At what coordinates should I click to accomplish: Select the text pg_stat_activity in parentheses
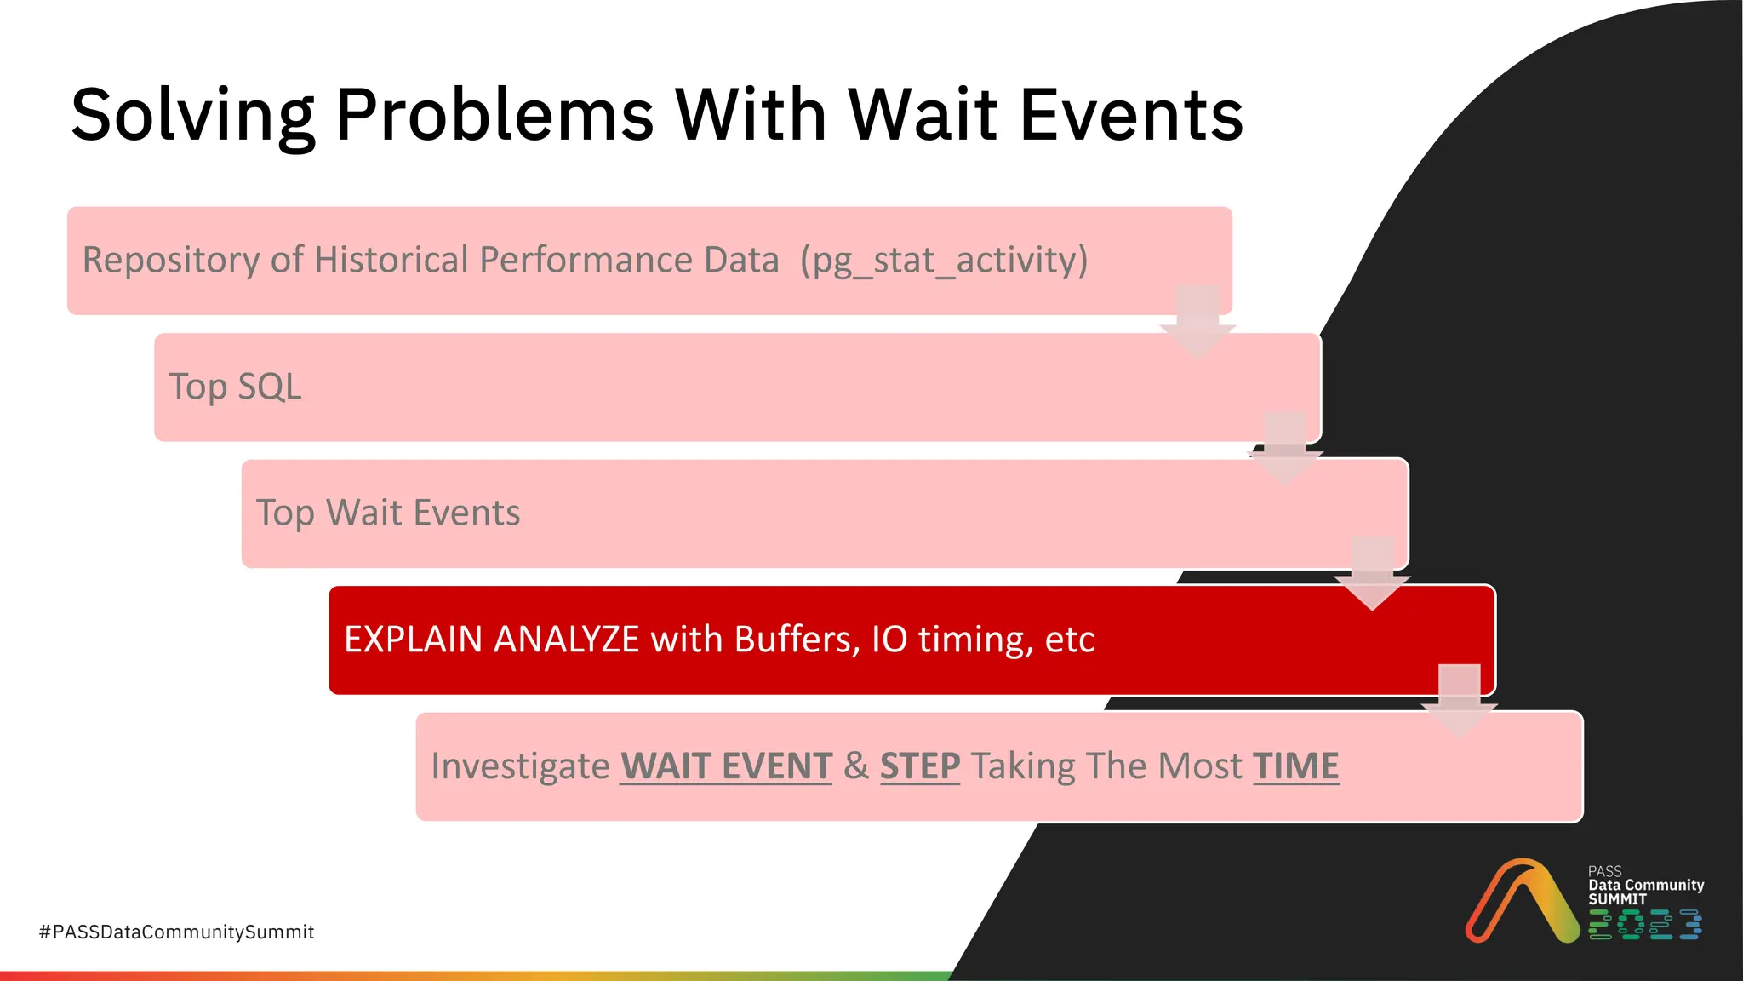click(x=944, y=260)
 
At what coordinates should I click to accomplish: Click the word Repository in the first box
click(x=170, y=260)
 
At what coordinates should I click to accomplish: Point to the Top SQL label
click(x=235, y=387)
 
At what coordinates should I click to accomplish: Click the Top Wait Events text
click(x=388, y=513)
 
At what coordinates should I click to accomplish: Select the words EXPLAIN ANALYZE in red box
click(x=491, y=640)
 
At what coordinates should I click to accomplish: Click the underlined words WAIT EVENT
click(x=725, y=766)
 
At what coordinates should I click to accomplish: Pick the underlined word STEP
click(x=919, y=766)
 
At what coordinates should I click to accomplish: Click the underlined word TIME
click(x=1295, y=766)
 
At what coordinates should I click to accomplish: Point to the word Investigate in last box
click(x=520, y=766)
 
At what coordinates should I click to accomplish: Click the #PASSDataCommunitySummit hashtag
click(x=177, y=932)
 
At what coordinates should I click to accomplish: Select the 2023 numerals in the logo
click(x=1644, y=925)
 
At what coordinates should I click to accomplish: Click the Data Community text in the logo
click(x=1646, y=885)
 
